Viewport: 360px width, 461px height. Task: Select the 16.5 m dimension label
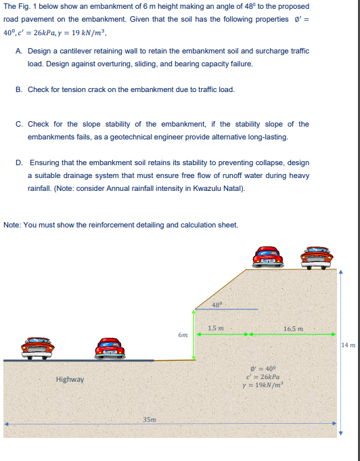click(293, 329)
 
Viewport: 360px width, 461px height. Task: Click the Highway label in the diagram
click(70, 379)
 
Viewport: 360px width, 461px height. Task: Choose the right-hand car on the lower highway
click(111, 349)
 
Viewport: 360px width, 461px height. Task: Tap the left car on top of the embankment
click(267, 256)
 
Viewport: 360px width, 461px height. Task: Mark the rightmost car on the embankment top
click(320, 256)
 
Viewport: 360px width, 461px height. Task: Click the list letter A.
click(18, 51)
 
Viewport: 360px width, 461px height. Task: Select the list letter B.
click(18, 89)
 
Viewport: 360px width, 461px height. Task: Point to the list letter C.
click(18, 124)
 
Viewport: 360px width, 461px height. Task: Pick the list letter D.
click(18, 162)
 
